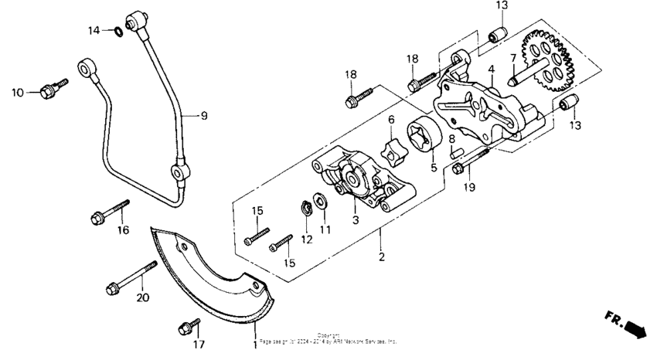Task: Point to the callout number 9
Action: click(x=204, y=116)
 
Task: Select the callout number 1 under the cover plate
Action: click(x=254, y=341)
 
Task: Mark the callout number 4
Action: click(x=491, y=70)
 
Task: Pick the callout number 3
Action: click(x=354, y=220)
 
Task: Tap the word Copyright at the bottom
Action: click(x=328, y=335)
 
